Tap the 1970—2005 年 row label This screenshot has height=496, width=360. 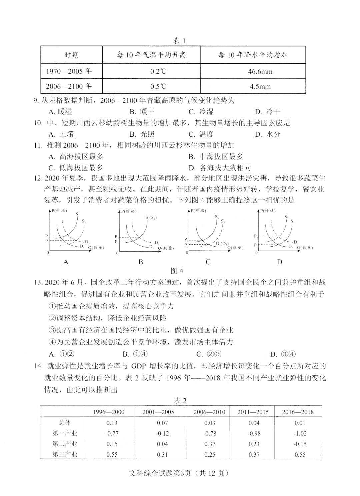[69, 71]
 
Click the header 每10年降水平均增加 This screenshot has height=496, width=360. [253, 55]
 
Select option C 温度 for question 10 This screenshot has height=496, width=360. [201, 134]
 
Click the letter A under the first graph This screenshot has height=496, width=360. [66, 262]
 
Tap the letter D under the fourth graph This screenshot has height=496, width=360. [279, 262]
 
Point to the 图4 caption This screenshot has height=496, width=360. [177, 271]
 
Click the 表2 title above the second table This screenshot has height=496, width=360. [180, 401]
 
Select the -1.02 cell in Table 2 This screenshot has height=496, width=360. [300, 434]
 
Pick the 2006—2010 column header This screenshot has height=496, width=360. [209, 412]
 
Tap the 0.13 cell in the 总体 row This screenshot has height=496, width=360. [112, 423]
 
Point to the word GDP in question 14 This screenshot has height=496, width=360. [138, 366]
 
